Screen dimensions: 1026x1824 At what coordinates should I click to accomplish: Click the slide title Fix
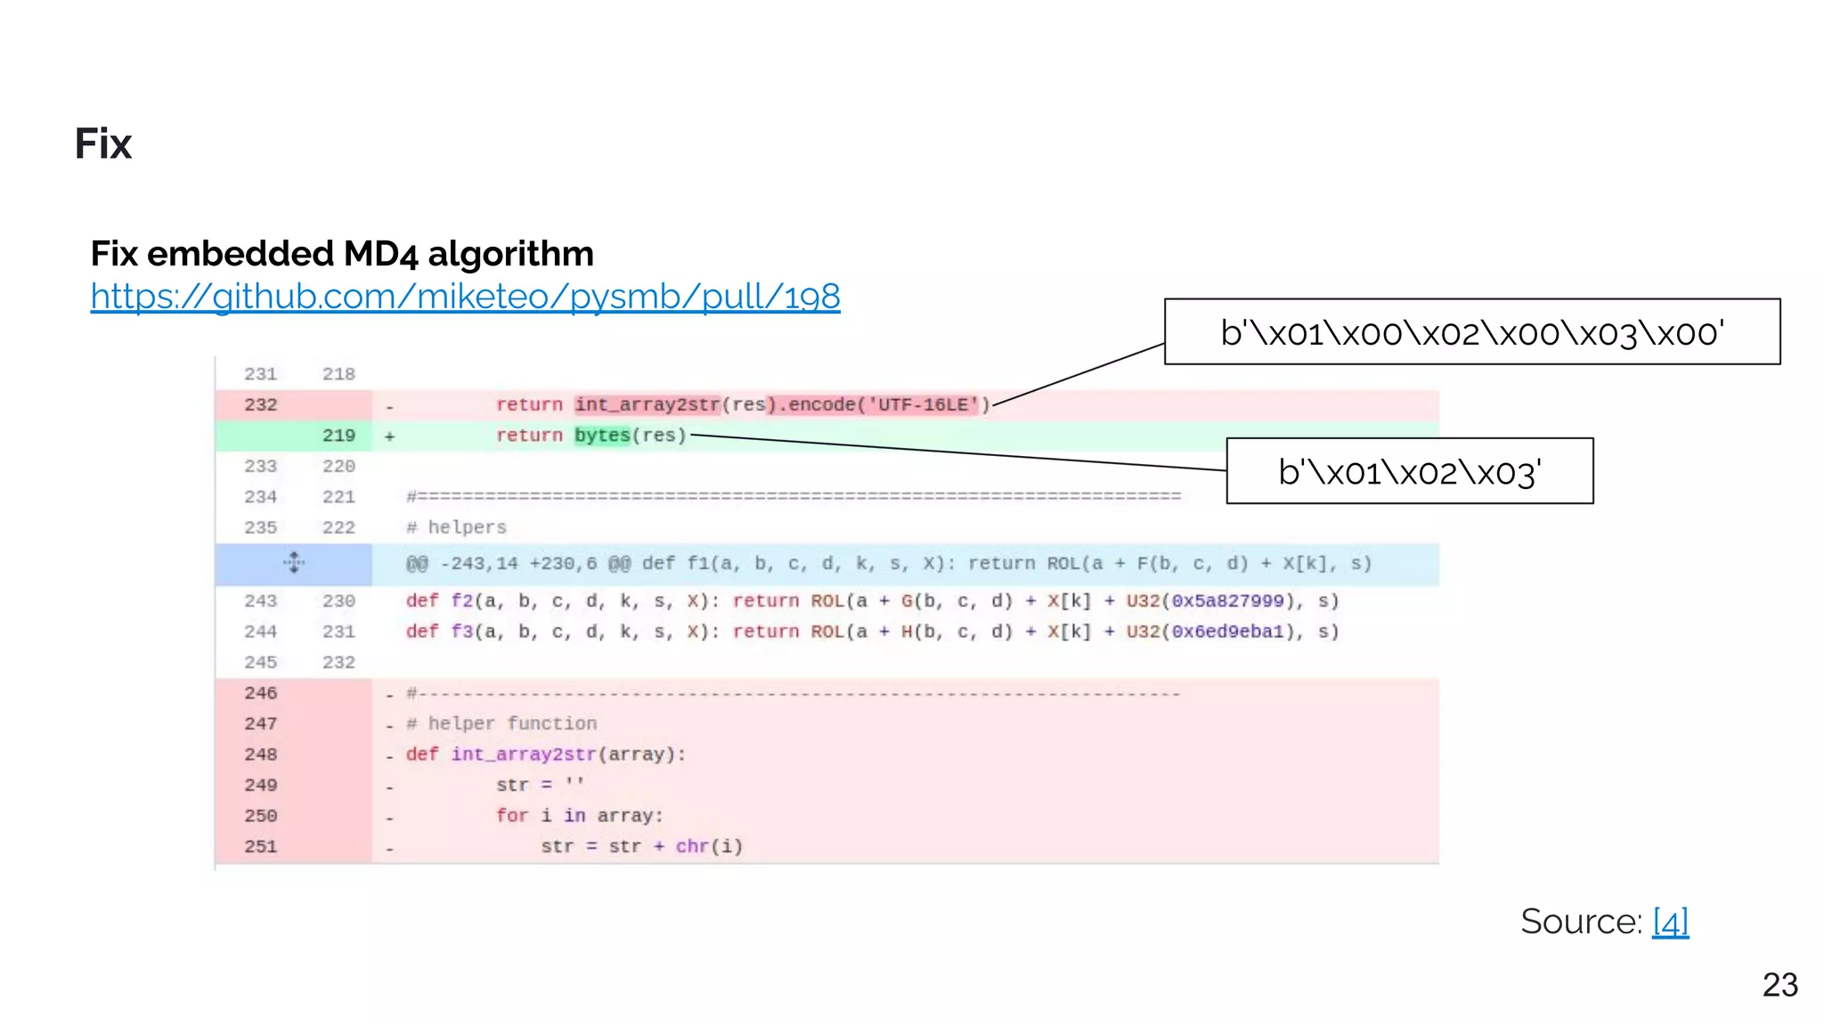pos(102,143)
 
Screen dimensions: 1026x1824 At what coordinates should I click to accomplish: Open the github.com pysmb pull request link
pos(465,297)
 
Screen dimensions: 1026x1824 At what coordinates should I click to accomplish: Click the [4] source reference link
pos(1670,921)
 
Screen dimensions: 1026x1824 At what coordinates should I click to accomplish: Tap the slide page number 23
pos(1779,985)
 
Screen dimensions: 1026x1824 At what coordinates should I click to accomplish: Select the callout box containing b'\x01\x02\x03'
pos(1409,471)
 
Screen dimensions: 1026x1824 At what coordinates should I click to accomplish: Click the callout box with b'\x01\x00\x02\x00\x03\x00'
pos(1471,332)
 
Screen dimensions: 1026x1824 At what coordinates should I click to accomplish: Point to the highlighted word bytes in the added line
pos(602,436)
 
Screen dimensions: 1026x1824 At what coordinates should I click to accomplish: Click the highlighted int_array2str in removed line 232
pos(647,405)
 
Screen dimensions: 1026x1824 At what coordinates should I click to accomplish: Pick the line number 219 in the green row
pos(338,436)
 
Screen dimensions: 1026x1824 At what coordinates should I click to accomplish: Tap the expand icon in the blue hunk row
pos(294,563)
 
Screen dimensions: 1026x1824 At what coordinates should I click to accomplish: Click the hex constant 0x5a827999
pos(1227,601)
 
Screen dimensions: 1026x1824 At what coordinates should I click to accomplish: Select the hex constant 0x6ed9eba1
pos(1227,631)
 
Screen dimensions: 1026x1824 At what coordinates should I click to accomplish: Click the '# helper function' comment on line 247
pos(501,723)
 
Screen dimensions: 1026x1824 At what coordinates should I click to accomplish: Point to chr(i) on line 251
pos(709,846)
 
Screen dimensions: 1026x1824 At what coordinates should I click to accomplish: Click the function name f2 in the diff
pos(462,601)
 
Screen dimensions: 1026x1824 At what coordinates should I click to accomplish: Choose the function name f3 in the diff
pos(462,631)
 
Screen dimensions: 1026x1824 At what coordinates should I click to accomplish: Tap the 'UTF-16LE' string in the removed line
pos(923,405)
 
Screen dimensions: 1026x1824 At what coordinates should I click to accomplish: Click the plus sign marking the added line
pos(389,436)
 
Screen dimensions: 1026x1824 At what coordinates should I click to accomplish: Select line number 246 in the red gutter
pos(261,693)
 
